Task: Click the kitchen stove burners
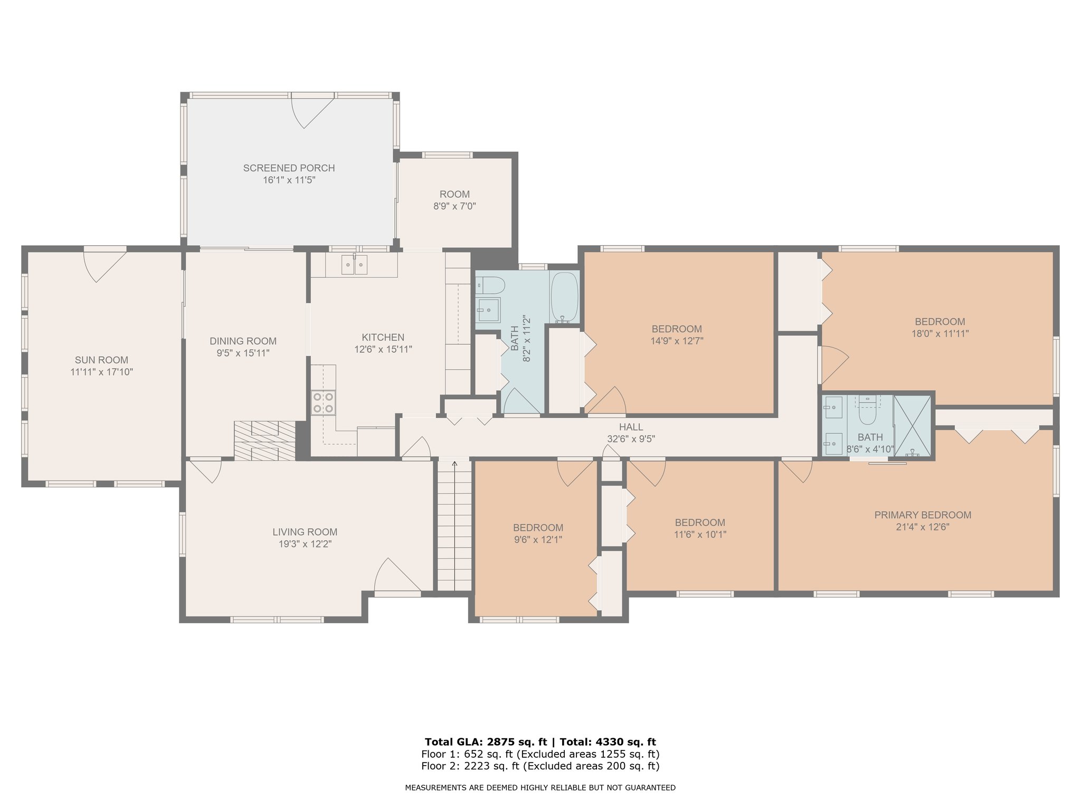(323, 402)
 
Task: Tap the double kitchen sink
(354, 264)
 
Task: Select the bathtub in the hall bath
(565, 297)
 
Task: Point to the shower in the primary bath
(913, 426)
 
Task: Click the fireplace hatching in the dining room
(265, 440)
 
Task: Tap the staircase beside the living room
(454, 525)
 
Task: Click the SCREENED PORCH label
(289, 168)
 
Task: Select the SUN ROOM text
(101, 360)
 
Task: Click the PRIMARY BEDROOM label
(923, 515)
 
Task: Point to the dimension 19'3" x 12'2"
(305, 544)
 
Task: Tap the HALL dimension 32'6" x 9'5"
(631, 439)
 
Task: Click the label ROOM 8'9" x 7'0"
(455, 200)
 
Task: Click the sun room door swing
(105, 266)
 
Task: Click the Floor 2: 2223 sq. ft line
(540, 766)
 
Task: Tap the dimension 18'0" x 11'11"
(940, 333)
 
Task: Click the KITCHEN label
(383, 337)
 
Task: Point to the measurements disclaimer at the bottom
(540, 788)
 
